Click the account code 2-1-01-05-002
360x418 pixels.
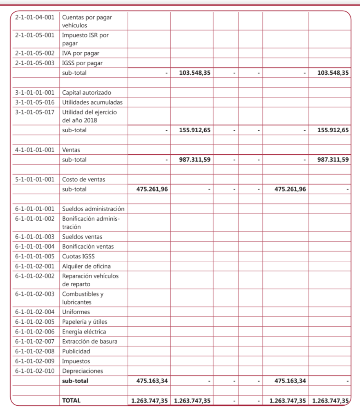(x=35, y=53)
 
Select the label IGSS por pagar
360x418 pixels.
(x=82, y=63)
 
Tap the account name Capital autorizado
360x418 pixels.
(x=86, y=93)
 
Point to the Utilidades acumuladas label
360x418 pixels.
(x=92, y=102)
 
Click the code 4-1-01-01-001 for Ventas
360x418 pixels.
(x=35, y=150)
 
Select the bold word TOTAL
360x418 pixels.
(x=71, y=400)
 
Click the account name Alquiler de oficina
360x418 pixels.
(x=86, y=266)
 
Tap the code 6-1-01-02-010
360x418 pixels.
(x=35, y=371)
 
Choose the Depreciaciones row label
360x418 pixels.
(x=83, y=371)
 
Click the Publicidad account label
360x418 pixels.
(x=76, y=351)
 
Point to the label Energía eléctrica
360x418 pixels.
(x=84, y=331)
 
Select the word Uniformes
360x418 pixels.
(x=76, y=312)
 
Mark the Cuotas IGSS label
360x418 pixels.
(x=78, y=256)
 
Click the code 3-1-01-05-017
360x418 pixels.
(x=35, y=112)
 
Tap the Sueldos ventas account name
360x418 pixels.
(x=82, y=237)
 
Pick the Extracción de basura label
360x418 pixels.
(x=89, y=341)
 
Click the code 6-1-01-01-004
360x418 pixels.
(x=35, y=247)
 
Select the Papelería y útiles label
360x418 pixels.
(x=85, y=322)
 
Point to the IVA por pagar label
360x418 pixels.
(x=80, y=53)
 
